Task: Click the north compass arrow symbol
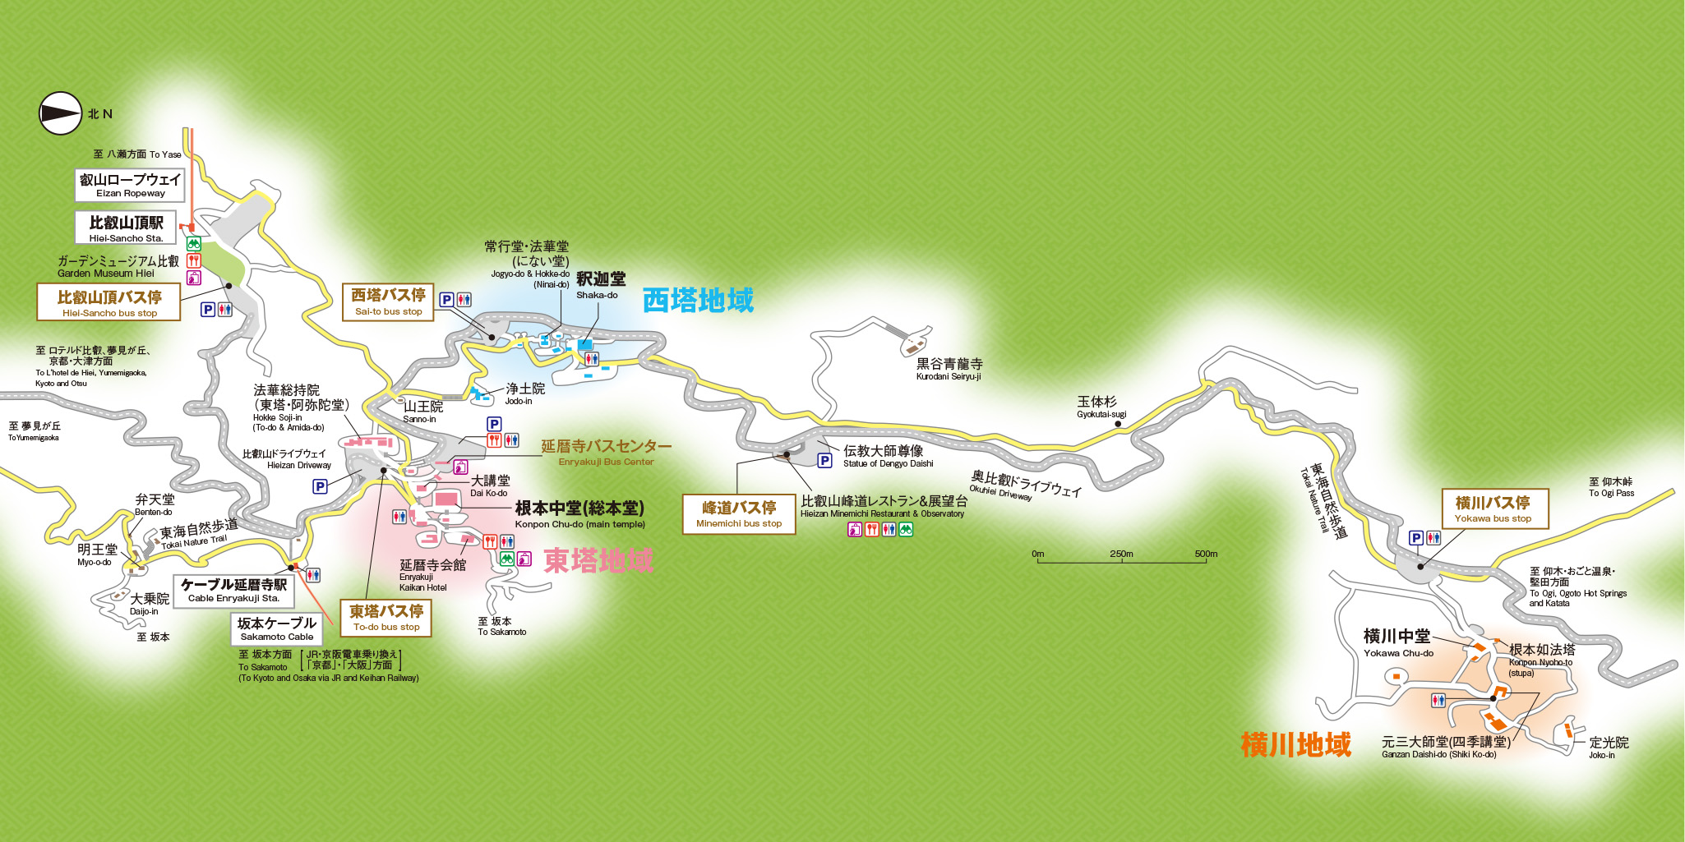[61, 113]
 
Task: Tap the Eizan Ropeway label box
[130, 185]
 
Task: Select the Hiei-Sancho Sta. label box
[126, 228]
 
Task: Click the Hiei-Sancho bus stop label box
[108, 302]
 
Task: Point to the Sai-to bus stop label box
[388, 301]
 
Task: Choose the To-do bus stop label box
[385, 617]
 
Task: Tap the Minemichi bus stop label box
[739, 513]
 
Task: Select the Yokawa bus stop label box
[1495, 508]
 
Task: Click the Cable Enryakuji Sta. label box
[233, 590]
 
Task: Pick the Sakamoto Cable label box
[276, 628]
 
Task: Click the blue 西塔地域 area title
[698, 301]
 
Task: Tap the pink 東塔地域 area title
[598, 560]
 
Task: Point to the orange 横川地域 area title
[1295, 744]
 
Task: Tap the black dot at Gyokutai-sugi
[1117, 425]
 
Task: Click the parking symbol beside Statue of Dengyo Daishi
[824, 461]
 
